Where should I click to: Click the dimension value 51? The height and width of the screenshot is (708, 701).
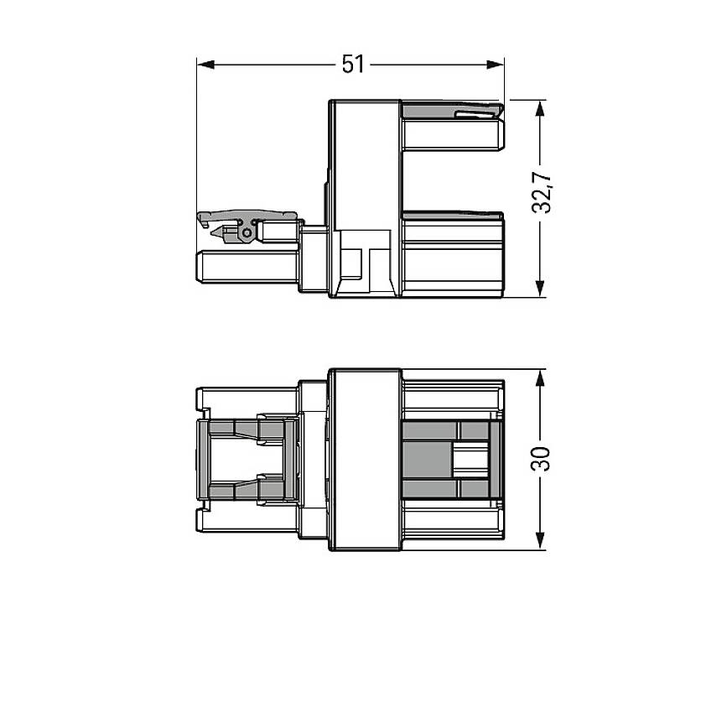353,64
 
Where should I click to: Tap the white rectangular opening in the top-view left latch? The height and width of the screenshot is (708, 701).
232,459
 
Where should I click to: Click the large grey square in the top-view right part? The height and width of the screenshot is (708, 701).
428,459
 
